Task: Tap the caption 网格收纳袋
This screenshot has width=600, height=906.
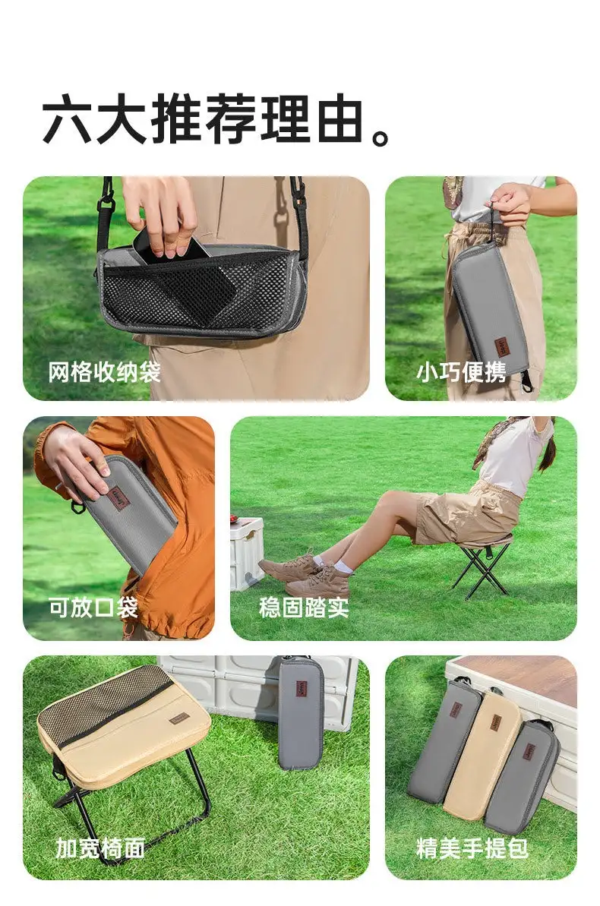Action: click(105, 372)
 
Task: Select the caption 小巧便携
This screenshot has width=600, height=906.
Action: click(461, 372)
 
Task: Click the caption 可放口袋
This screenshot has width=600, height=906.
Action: click(93, 608)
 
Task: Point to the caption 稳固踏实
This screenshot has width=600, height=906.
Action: click(304, 608)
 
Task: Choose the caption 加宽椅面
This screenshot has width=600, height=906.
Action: click(100, 848)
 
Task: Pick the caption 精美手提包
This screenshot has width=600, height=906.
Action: click(472, 848)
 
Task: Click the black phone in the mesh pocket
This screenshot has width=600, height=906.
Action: click(183, 272)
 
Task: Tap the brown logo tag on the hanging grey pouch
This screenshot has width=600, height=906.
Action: click(497, 349)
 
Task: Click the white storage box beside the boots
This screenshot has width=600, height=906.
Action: click(246, 554)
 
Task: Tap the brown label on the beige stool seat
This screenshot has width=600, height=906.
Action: click(180, 721)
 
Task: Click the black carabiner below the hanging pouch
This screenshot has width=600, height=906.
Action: click(526, 380)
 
